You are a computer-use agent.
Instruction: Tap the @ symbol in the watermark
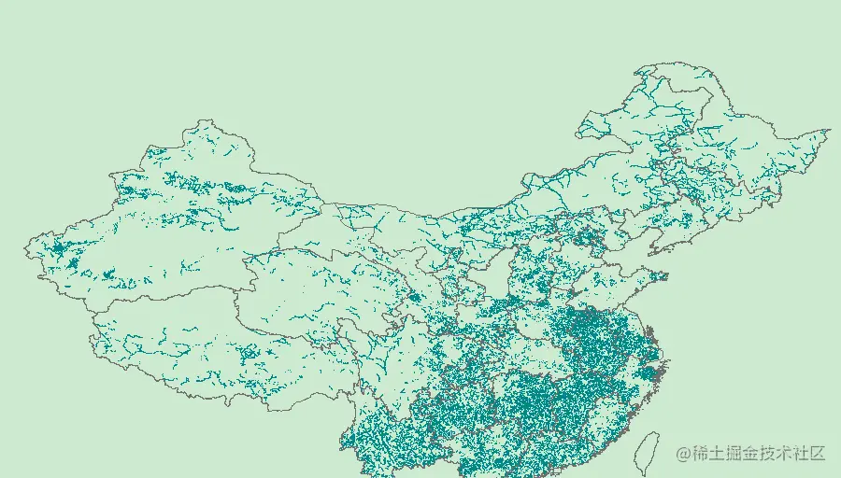(684, 454)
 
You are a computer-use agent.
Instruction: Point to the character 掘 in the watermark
(737, 454)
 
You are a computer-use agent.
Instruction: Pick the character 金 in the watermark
(755, 454)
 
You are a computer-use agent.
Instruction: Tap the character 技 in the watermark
(773, 454)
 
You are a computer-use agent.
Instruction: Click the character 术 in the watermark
(791, 454)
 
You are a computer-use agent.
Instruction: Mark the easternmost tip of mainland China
(829, 132)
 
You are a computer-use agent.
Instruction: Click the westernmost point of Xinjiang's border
(25, 248)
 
